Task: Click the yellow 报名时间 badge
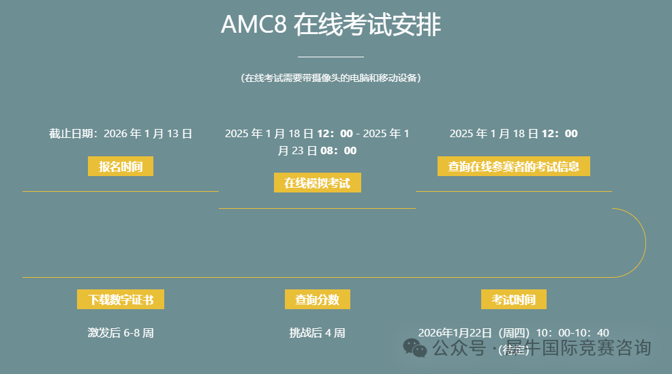(121, 167)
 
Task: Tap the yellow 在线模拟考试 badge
(317, 183)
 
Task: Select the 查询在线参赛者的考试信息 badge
(513, 167)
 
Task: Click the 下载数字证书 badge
(121, 300)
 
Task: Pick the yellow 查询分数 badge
(317, 300)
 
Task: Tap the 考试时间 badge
(513, 300)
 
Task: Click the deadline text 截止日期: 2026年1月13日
(121, 134)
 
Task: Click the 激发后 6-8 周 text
(121, 333)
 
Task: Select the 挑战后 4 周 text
(317, 333)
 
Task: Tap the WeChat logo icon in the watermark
(415, 348)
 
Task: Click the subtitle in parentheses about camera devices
(331, 78)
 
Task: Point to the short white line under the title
(331, 57)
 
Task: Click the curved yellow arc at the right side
(645, 242)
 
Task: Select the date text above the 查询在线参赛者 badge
(513, 134)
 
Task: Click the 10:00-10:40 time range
(572, 333)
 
